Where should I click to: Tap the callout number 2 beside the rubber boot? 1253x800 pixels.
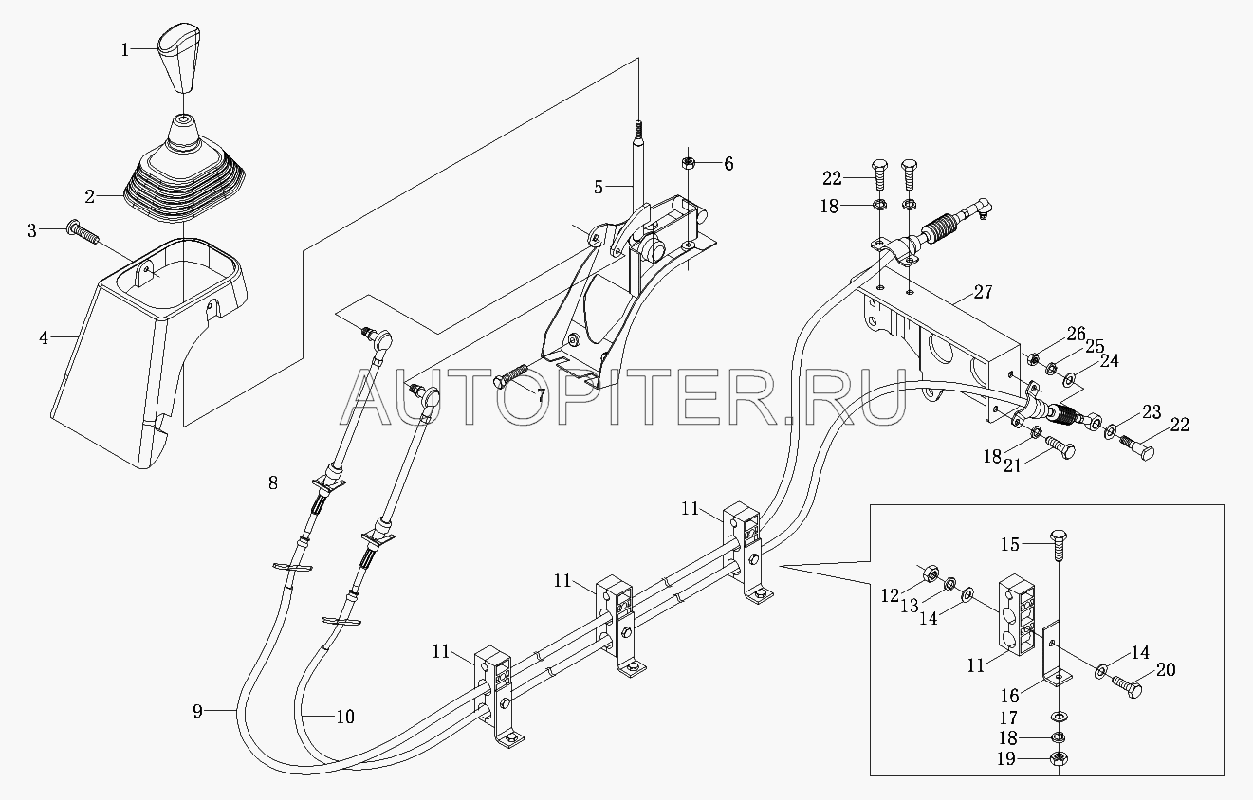(90, 197)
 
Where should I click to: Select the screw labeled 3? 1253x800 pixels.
(82, 232)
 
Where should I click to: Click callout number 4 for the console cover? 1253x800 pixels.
(44, 337)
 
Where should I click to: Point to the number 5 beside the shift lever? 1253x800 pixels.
(599, 188)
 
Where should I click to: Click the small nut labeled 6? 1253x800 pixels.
(689, 164)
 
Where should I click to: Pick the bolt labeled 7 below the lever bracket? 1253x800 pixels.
(510, 375)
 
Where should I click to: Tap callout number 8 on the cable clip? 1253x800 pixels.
(273, 482)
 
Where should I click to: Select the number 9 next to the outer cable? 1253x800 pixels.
(197, 711)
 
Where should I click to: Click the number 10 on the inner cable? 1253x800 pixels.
(345, 717)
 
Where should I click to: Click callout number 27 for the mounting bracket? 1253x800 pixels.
(983, 292)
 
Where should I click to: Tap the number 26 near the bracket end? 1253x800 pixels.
(1076, 334)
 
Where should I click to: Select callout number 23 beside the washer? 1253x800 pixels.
(1152, 412)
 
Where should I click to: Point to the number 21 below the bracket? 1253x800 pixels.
(1012, 465)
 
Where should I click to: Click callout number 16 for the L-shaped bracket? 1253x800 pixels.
(1009, 696)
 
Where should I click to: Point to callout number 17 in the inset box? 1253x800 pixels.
(1008, 718)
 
